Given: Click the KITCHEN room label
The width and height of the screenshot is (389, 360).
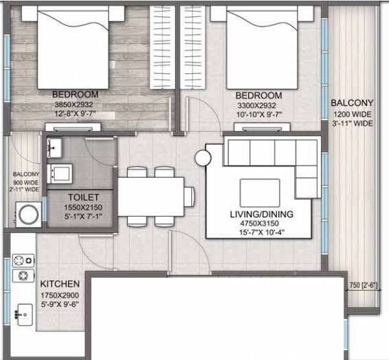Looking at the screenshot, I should point(60,284).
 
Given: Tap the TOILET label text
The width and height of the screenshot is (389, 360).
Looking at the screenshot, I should point(82,197).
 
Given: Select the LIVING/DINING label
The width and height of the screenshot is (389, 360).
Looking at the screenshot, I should point(262,214).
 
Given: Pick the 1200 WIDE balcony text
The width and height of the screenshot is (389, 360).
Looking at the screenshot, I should point(352,114).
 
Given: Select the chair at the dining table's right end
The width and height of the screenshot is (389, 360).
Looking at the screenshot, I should point(189,195).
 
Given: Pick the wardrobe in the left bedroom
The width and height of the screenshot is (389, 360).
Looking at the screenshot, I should point(161,46).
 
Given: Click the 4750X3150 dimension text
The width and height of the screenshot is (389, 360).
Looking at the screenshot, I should point(262,224).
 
